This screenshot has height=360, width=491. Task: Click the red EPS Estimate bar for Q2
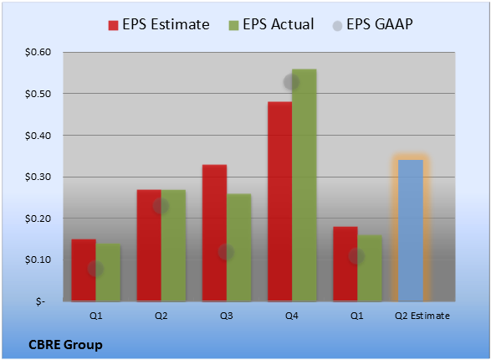[x=149, y=245]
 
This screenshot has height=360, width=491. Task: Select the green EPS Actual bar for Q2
[x=173, y=245]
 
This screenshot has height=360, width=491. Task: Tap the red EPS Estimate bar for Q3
[x=214, y=233]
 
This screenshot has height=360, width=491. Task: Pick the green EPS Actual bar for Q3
[x=239, y=248]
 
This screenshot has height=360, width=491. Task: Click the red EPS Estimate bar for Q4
[x=280, y=202]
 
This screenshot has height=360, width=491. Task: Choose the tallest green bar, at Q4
[x=304, y=185]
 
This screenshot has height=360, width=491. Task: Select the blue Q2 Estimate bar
[x=411, y=230]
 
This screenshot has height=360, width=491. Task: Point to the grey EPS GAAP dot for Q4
[x=291, y=82]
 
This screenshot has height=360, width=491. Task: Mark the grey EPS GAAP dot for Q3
[x=226, y=252]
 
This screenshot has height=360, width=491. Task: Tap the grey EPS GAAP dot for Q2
[x=161, y=206]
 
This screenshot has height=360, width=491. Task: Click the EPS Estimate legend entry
[x=159, y=24]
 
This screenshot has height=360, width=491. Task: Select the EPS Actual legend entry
[x=272, y=24]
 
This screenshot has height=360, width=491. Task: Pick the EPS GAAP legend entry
[x=372, y=24]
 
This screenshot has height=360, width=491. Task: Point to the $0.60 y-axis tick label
[x=38, y=52]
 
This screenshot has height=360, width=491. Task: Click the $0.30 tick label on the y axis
[x=38, y=177]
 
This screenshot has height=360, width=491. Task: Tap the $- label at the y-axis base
[x=41, y=301]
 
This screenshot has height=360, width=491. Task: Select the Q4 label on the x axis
[x=292, y=316]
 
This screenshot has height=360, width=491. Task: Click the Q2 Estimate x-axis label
[x=422, y=316]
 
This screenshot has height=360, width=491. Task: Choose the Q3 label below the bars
[x=227, y=316]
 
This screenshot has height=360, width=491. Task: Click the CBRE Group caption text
[x=65, y=345]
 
